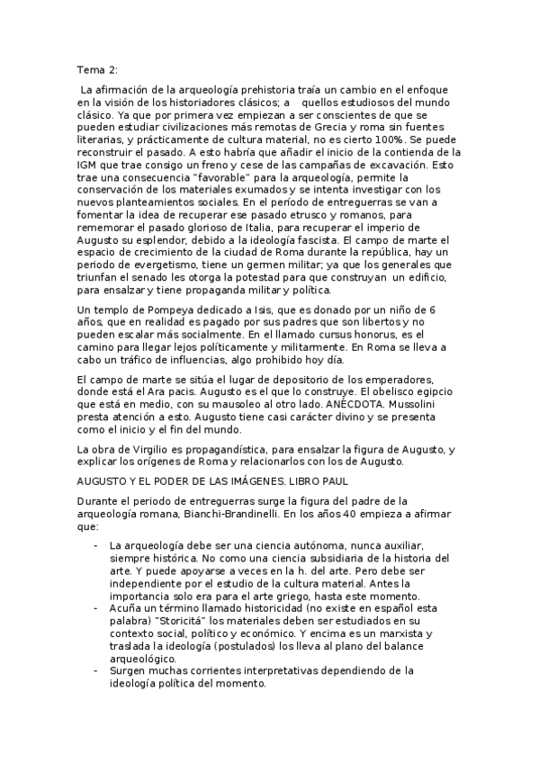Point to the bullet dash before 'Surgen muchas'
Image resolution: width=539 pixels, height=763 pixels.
point(96,670)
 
